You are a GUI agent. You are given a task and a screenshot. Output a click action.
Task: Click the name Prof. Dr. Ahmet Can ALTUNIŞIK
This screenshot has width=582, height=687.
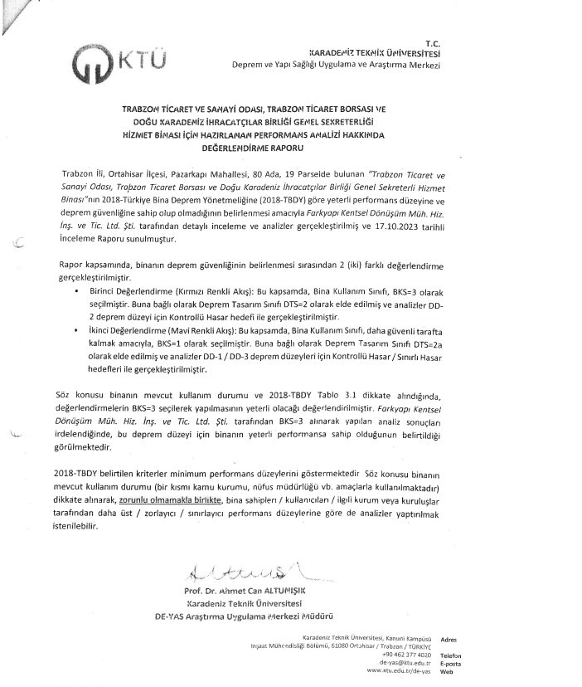(x=245, y=591)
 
